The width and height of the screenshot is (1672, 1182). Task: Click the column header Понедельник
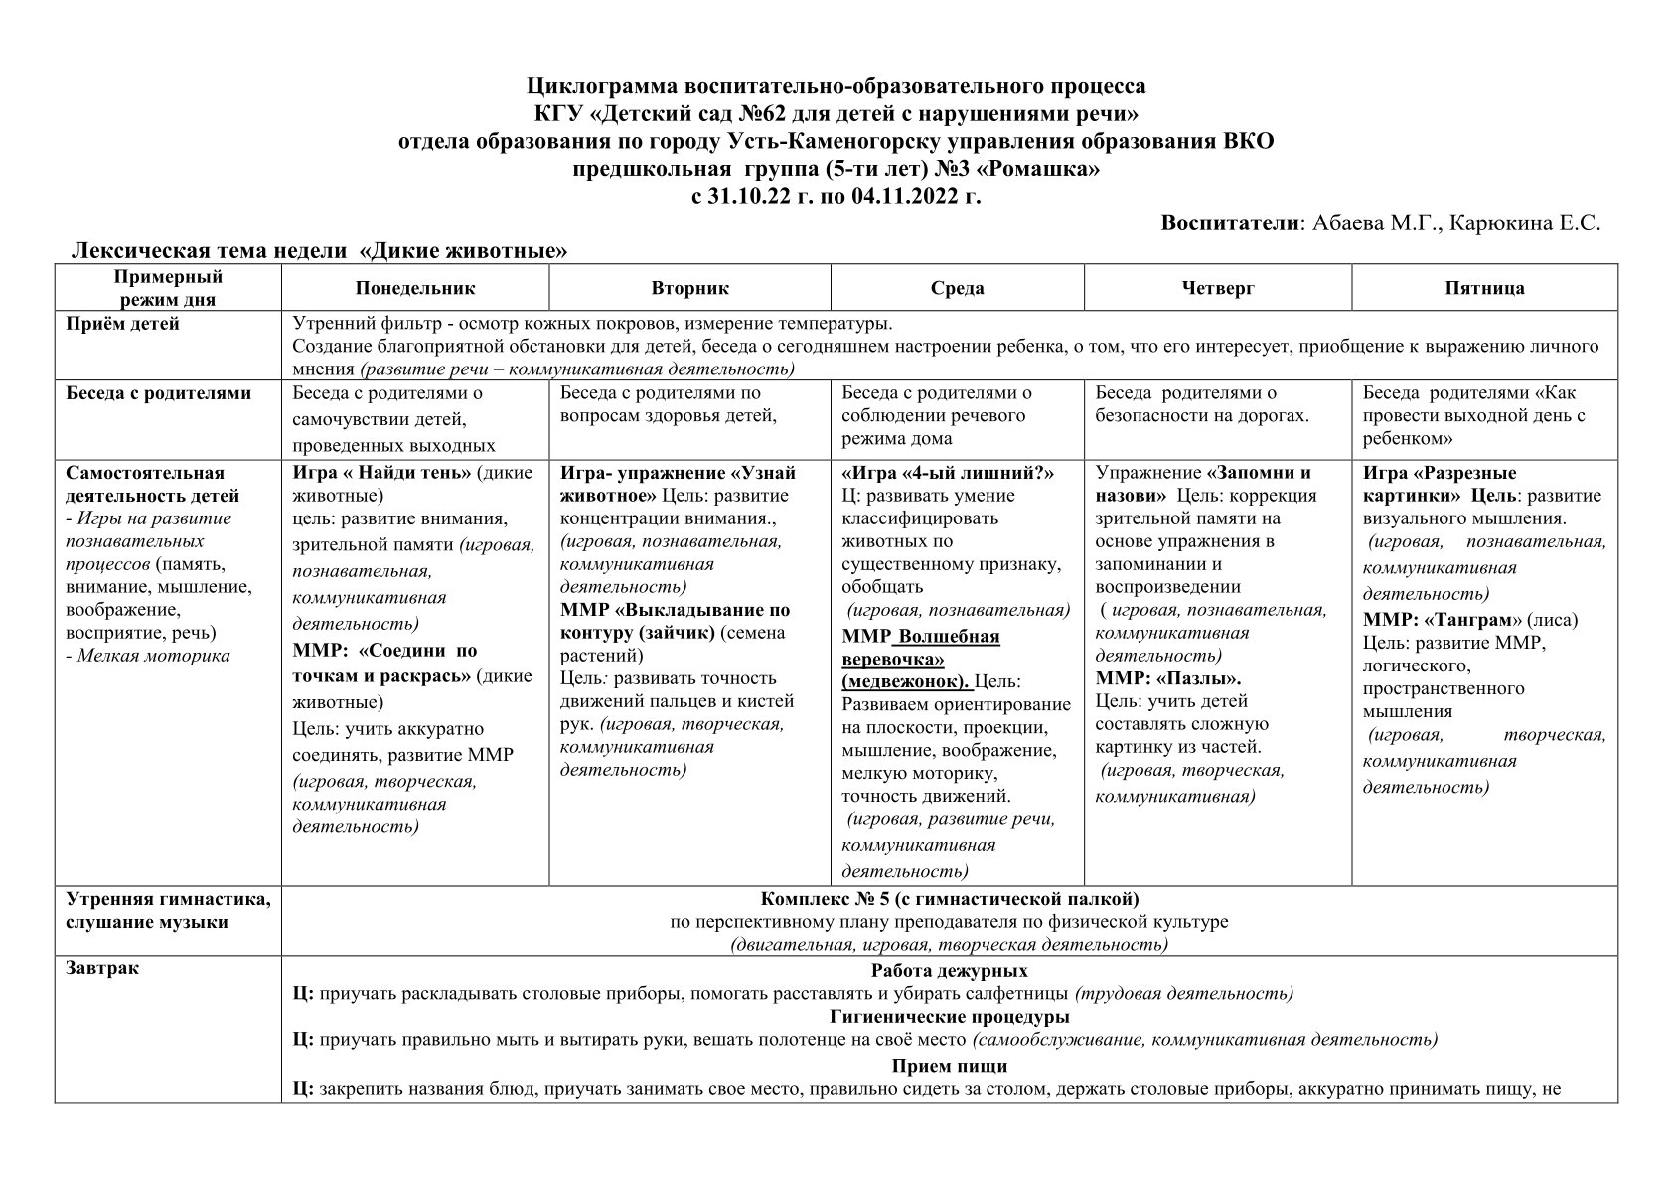point(415,288)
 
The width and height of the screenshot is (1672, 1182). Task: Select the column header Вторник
point(689,288)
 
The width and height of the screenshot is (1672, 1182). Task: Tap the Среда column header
point(957,288)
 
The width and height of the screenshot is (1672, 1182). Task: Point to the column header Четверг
point(1218,288)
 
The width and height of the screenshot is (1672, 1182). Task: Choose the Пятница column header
point(1484,288)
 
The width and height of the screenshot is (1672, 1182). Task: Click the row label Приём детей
point(122,324)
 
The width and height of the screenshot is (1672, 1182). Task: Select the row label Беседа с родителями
point(158,393)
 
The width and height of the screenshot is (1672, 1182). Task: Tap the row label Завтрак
point(102,969)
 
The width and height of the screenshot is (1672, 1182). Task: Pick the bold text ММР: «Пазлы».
point(1168,679)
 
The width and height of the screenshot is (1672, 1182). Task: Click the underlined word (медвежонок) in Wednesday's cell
point(905,682)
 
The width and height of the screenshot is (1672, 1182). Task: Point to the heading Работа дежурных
point(949,970)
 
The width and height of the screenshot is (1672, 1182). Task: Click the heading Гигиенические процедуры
point(949,1017)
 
